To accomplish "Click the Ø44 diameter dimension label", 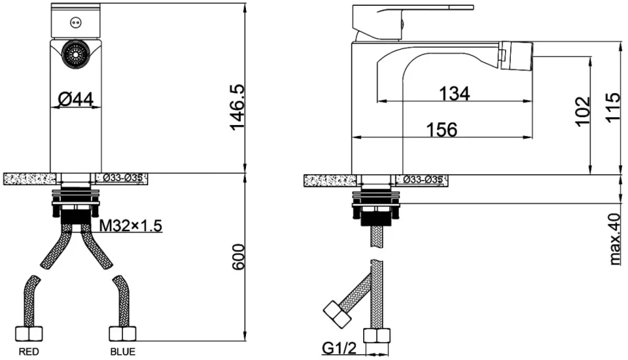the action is [x=76, y=99].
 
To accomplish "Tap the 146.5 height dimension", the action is [x=238, y=107].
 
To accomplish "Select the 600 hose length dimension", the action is [x=238, y=257].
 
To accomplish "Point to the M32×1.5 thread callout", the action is [x=131, y=226].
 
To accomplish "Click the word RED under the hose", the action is [x=29, y=352].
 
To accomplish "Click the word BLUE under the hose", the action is [x=123, y=352].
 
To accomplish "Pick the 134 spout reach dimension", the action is [x=454, y=94].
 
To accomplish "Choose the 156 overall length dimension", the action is [x=442, y=129].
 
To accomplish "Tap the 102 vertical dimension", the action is [x=583, y=111].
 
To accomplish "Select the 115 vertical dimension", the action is [x=612, y=107].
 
